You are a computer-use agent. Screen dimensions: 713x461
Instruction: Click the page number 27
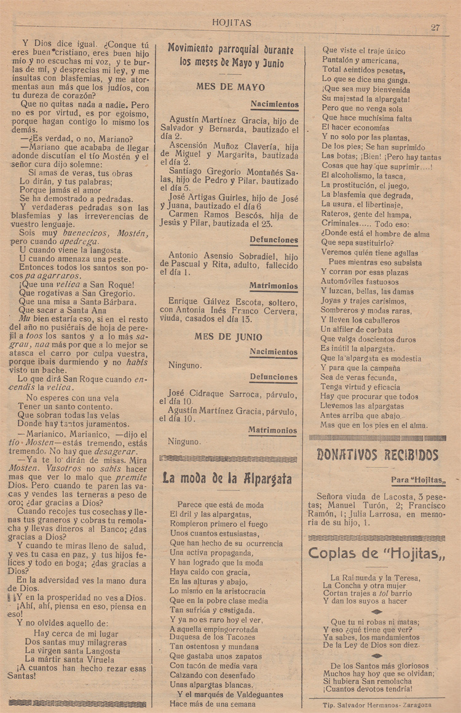[436, 27]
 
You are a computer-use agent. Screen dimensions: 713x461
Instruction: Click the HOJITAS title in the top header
[231, 23]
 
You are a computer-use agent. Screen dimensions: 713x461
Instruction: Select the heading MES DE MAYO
[230, 87]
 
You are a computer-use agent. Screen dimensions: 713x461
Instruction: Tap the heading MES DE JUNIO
[228, 337]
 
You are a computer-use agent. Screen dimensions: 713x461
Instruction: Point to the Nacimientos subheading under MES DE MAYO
[274, 104]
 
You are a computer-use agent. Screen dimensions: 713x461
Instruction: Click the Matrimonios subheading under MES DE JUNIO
[273, 430]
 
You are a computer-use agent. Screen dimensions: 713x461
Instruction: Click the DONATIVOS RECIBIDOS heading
[377, 455]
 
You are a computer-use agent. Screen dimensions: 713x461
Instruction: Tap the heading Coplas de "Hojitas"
[377, 553]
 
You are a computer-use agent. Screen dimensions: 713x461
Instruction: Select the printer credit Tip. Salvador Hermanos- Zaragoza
[377, 705]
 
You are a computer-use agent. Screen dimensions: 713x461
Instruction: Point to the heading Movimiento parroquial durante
[230, 50]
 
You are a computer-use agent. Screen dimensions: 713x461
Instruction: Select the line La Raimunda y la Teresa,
[375, 578]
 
